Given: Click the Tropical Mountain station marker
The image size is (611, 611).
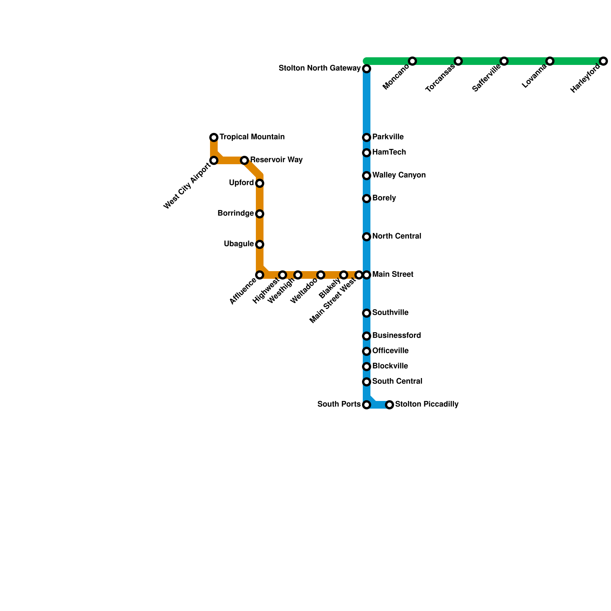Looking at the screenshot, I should [x=214, y=137].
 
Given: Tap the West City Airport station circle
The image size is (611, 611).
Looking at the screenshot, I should [x=214, y=160].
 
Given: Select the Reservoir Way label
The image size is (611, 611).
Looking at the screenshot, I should [x=276, y=160].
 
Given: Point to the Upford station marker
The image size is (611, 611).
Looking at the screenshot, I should [x=260, y=183].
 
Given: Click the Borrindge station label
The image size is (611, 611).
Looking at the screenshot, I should [x=236, y=213].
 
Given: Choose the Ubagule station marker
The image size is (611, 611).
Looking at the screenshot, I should [x=260, y=244].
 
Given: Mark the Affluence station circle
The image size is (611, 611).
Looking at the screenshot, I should [x=260, y=275].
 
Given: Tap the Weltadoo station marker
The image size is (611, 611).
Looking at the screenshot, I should [x=321, y=275].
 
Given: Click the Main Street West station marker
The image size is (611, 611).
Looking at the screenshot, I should [x=359, y=275].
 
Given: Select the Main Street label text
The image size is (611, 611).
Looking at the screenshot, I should [x=393, y=274].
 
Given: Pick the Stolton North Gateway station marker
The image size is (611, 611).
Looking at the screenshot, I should [x=367, y=69].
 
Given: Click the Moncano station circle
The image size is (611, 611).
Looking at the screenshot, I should [x=412, y=61].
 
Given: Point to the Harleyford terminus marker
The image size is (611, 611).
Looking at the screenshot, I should [x=603, y=61].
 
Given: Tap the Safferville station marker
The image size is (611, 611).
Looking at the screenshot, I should [x=504, y=61].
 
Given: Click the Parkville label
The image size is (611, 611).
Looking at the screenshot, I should [x=388, y=137].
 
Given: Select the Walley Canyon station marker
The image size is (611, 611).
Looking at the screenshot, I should [x=367, y=176].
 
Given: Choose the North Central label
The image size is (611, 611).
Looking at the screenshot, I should [x=396, y=236].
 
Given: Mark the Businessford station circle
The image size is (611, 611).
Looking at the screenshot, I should [x=367, y=336].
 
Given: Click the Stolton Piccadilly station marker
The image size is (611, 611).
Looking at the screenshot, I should [x=390, y=405].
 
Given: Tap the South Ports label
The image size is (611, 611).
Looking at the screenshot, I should [x=339, y=404].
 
